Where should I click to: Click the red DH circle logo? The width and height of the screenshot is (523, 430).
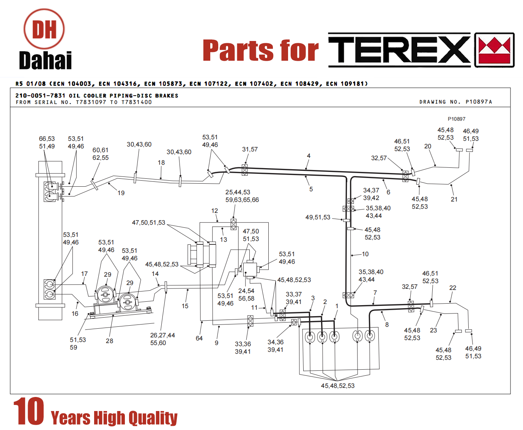[x=44, y=29]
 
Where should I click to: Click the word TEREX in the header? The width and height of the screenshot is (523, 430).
[x=399, y=50]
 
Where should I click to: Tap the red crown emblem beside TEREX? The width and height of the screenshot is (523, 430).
[x=494, y=50]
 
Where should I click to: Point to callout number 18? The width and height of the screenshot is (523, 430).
[x=161, y=162]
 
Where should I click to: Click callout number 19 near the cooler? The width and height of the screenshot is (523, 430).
[x=121, y=193]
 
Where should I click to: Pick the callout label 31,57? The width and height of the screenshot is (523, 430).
[x=250, y=149]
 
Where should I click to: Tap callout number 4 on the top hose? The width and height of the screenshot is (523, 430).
[x=309, y=156]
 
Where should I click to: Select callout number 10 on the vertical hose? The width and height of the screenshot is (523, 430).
[x=365, y=254]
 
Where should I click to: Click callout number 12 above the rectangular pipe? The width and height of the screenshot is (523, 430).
[x=214, y=211]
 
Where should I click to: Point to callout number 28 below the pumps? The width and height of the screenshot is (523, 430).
[x=109, y=341]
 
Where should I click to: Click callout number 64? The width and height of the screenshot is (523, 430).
[x=199, y=338]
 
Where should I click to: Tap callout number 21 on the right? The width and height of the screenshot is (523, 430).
[x=454, y=199]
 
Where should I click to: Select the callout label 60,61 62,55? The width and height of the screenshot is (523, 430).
[x=101, y=154]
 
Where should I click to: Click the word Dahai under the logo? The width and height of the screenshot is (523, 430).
[x=46, y=60]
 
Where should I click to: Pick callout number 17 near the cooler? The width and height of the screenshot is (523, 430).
[x=84, y=274]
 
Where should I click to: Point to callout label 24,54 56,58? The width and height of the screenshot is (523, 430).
[x=246, y=295]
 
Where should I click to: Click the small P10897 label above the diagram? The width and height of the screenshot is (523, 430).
[x=457, y=119]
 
